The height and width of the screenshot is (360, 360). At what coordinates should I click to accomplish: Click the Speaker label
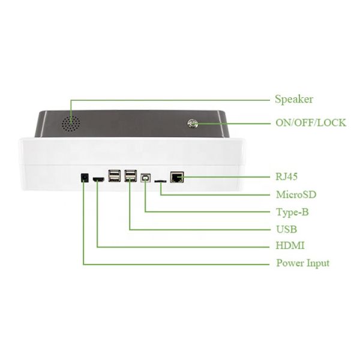(x=293, y=100)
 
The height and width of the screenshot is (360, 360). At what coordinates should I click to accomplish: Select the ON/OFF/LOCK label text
(x=310, y=123)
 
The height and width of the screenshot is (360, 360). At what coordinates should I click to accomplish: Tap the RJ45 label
(x=287, y=178)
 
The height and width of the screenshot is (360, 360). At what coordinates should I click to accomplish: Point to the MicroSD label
(x=296, y=195)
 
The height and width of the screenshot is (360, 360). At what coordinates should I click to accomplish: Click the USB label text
(x=286, y=229)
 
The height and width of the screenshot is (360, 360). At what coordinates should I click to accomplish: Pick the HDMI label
(x=290, y=246)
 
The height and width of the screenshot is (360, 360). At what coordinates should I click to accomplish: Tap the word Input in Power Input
(x=317, y=263)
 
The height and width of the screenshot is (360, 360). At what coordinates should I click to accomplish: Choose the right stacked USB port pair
(x=130, y=176)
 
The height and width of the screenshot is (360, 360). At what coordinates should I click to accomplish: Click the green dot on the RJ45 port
(x=181, y=177)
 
